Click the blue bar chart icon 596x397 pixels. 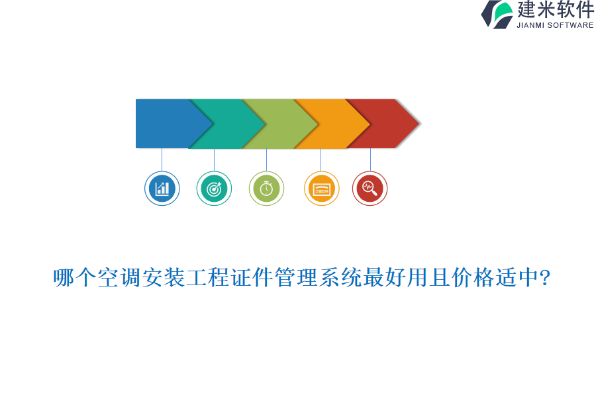(162, 189)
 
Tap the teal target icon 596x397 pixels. (214, 189)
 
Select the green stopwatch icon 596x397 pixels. (266, 189)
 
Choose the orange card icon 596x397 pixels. (322, 189)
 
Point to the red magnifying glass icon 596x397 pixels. (370, 189)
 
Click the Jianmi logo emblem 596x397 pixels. (497, 14)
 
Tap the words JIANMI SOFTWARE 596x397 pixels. (555, 25)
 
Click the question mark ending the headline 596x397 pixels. (545, 278)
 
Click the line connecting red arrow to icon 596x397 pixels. (370, 159)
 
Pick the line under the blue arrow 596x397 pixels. (162, 159)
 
